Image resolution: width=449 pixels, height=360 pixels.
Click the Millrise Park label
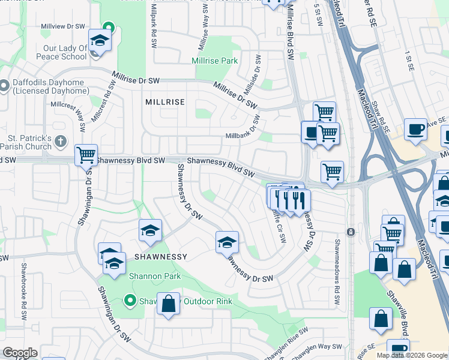pyautogui.click(x=214, y=61)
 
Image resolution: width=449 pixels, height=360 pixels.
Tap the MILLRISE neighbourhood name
pyautogui.click(x=165, y=103)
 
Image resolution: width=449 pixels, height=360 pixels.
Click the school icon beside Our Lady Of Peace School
pyautogui.click(x=100, y=41)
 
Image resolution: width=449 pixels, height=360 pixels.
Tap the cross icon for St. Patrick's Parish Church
pyautogui.click(x=59, y=142)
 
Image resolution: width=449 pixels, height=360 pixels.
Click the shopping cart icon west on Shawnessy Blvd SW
pyautogui.click(x=86, y=155)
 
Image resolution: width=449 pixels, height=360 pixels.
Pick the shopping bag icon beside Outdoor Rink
pyautogui.click(x=169, y=304)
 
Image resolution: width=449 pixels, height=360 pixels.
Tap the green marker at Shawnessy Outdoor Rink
pyautogui.click(x=129, y=301)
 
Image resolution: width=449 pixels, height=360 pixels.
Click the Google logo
pyautogui.click(x=20, y=353)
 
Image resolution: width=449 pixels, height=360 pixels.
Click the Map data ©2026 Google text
pyautogui.click(x=412, y=355)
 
